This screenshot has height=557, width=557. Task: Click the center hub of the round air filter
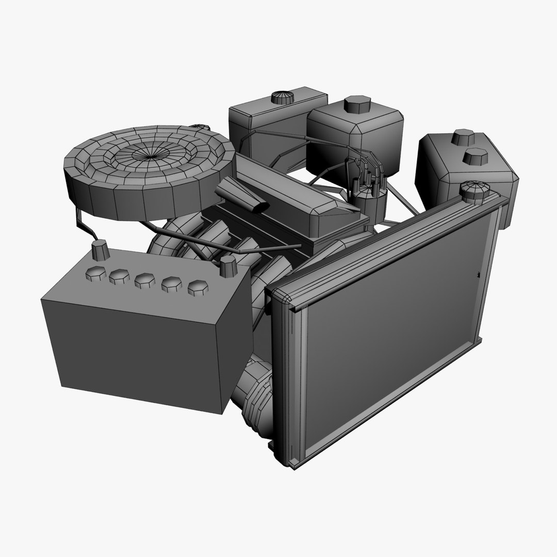[148, 154]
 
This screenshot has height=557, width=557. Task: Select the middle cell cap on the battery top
[145, 281]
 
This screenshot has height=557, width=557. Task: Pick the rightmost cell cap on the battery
[196, 288]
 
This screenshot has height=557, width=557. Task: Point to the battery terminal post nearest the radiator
[227, 266]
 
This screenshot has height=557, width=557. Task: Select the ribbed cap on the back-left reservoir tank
[282, 97]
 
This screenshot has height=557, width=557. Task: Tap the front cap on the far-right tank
[478, 156]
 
